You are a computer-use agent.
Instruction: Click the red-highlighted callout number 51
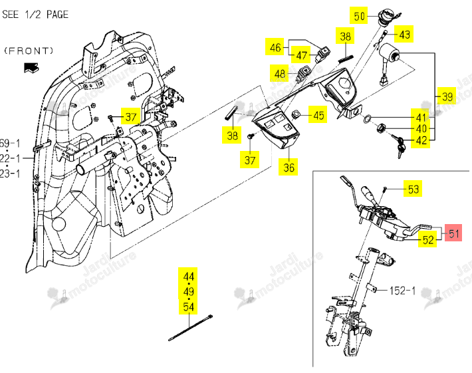click(454, 233)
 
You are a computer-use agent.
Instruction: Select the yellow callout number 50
click(359, 16)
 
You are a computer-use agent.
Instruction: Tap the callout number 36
click(289, 167)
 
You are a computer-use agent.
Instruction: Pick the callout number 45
click(319, 115)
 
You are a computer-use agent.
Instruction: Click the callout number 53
click(413, 189)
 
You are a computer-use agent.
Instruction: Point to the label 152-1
click(402, 291)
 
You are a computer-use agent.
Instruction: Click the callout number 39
click(447, 96)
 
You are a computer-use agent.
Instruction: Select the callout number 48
click(280, 73)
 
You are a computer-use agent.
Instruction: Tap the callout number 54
click(188, 307)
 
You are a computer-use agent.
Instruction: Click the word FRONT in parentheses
click(29, 51)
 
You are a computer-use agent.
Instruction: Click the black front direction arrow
click(31, 68)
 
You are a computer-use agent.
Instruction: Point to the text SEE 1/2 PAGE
click(35, 14)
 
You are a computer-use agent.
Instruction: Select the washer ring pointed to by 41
click(367, 118)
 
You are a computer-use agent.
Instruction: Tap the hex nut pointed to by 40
click(382, 128)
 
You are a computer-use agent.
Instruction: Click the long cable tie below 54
click(191, 328)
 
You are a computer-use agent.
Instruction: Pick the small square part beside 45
click(296, 114)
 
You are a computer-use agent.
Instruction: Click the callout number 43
click(404, 34)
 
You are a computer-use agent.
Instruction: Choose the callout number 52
click(427, 239)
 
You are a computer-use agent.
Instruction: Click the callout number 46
click(275, 47)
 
